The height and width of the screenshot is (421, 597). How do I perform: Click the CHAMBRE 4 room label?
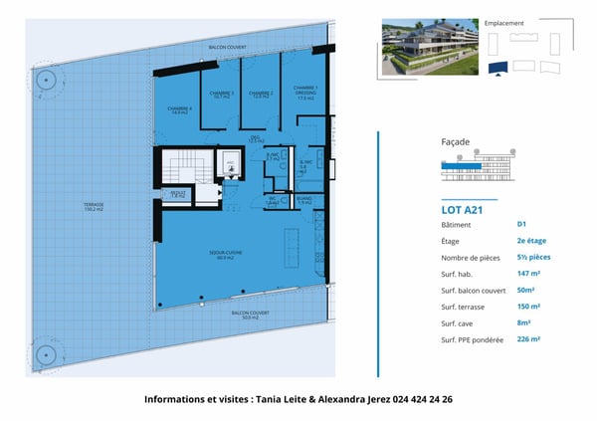[x=179, y=110]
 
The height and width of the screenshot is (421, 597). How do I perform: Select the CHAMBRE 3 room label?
[x=221, y=95]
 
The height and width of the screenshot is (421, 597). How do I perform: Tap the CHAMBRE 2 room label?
[x=261, y=95]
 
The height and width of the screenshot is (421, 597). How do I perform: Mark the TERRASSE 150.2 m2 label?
[x=95, y=208]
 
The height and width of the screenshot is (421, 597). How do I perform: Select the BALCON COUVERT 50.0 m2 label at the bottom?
[x=251, y=316]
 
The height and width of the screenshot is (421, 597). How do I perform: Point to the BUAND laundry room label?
[x=303, y=201]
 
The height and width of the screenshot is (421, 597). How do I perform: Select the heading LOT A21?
[x=462, y=210]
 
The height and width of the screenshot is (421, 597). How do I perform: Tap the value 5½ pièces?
[x=533, y=257]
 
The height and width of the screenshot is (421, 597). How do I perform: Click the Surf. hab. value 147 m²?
[x=528, y=274]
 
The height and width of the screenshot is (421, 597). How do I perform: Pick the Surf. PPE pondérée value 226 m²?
[x=528, y=339]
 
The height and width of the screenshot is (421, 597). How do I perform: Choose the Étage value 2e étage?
[x=531, y=241]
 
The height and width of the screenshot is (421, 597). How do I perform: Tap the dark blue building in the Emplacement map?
[x=497, y=68]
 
